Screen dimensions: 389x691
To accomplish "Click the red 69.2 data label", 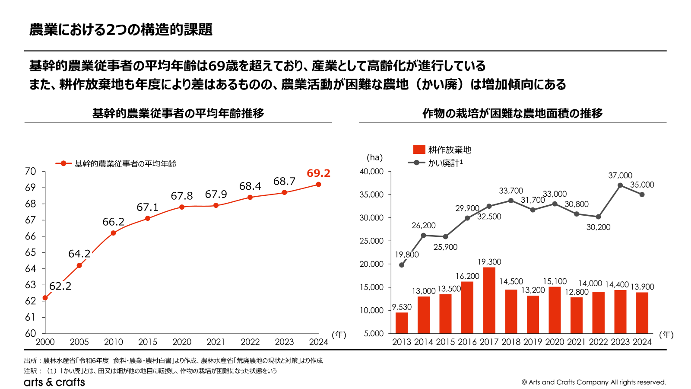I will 318,173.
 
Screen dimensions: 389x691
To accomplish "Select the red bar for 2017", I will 489,300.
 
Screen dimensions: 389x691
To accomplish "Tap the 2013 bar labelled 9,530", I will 402,322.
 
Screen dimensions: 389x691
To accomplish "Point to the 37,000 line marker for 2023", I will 620,185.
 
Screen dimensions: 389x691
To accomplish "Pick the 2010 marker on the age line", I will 113,233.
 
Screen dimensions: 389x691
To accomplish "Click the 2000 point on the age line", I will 45,298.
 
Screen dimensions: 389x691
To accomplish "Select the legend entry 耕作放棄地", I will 442,150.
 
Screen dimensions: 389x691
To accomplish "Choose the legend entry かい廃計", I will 436,163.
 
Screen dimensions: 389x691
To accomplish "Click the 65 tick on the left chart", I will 30,252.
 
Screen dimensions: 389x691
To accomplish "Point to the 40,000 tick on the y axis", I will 371,172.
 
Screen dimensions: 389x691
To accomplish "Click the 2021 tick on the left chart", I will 216,342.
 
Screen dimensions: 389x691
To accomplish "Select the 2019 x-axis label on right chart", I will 533,342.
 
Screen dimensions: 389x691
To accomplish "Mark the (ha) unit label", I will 374,158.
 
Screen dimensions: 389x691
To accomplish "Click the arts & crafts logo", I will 54,382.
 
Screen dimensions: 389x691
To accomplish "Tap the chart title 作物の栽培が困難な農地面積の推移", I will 512,113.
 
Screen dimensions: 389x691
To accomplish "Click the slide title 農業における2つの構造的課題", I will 121,29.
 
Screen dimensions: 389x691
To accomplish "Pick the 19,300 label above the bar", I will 489,262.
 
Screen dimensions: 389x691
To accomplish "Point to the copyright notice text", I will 593,382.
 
